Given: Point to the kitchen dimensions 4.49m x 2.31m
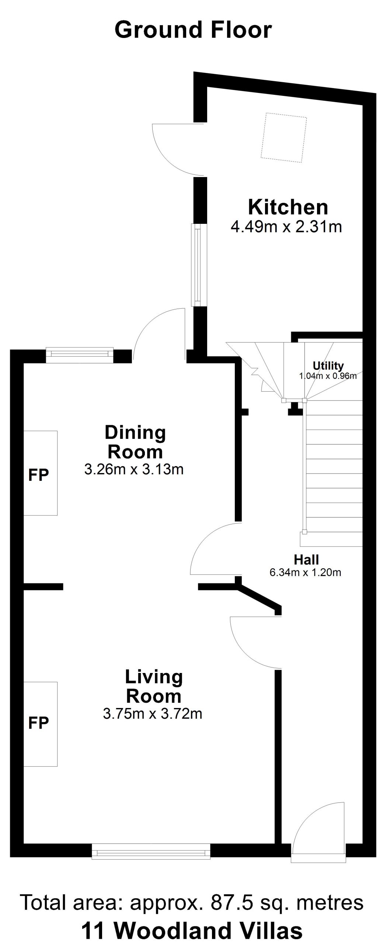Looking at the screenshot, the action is tap(286, 226).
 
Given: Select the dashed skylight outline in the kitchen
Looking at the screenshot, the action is tap(284, 137).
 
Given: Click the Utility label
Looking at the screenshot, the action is tap(328, 366).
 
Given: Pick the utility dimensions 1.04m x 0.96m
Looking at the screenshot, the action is tap(328, 376).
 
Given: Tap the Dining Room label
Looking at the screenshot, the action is tap(135, 442).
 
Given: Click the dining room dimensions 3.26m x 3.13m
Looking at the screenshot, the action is tap(134, 469).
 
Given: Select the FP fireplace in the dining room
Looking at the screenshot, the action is tap(41, 473).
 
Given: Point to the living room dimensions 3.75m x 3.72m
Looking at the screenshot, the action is tap(153, 714).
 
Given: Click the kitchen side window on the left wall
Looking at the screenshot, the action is tap(197, 265).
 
